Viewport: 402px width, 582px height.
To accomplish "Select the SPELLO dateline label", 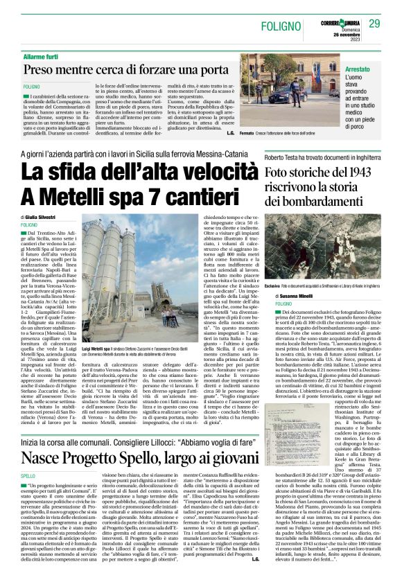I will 28,457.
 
